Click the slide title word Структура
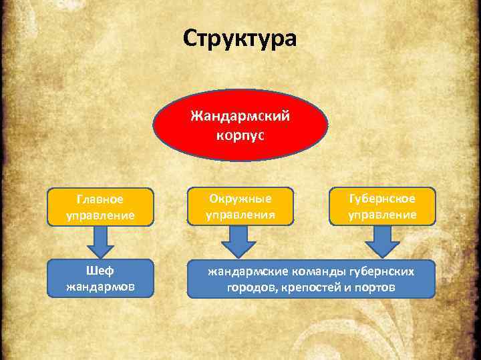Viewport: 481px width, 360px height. click(x=239, y=39)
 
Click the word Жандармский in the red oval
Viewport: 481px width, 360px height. click(x=240, y=117)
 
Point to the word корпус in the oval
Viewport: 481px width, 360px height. click(x=240, y=135)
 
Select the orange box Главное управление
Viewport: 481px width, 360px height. click(x=100, y=207)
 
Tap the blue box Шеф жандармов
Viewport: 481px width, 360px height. click(x=100, y=279)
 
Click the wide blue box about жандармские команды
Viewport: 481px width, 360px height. click(x=311, y=279)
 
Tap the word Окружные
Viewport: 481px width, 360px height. click(x=240, y=198)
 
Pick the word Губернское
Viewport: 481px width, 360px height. click(x=381, y=198)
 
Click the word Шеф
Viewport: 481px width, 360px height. click(x=100, y=271)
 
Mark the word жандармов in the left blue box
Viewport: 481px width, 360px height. click(x=100, y=288)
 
